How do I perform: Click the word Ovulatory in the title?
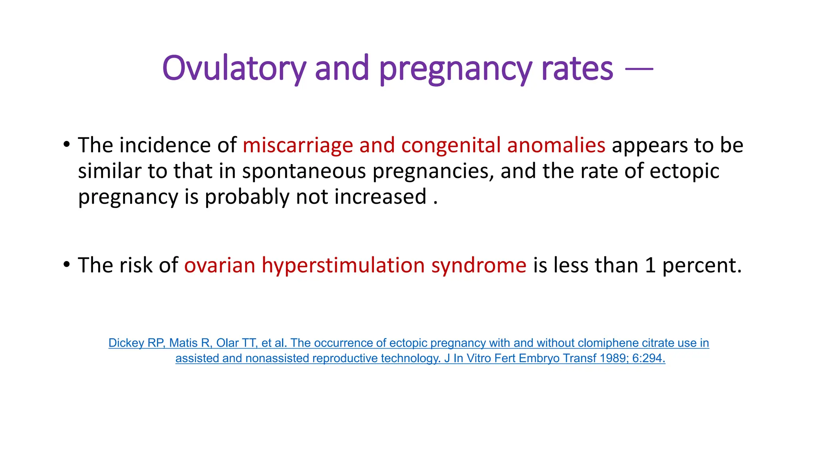point(234,69)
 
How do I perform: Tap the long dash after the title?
point(639,69)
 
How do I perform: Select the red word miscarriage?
point(298,145)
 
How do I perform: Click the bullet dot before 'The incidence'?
point(67,144)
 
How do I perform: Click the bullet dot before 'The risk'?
point(67,264)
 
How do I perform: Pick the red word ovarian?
point(220,266)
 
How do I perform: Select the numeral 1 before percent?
point(650,266)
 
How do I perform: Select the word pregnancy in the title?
point(455,69)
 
